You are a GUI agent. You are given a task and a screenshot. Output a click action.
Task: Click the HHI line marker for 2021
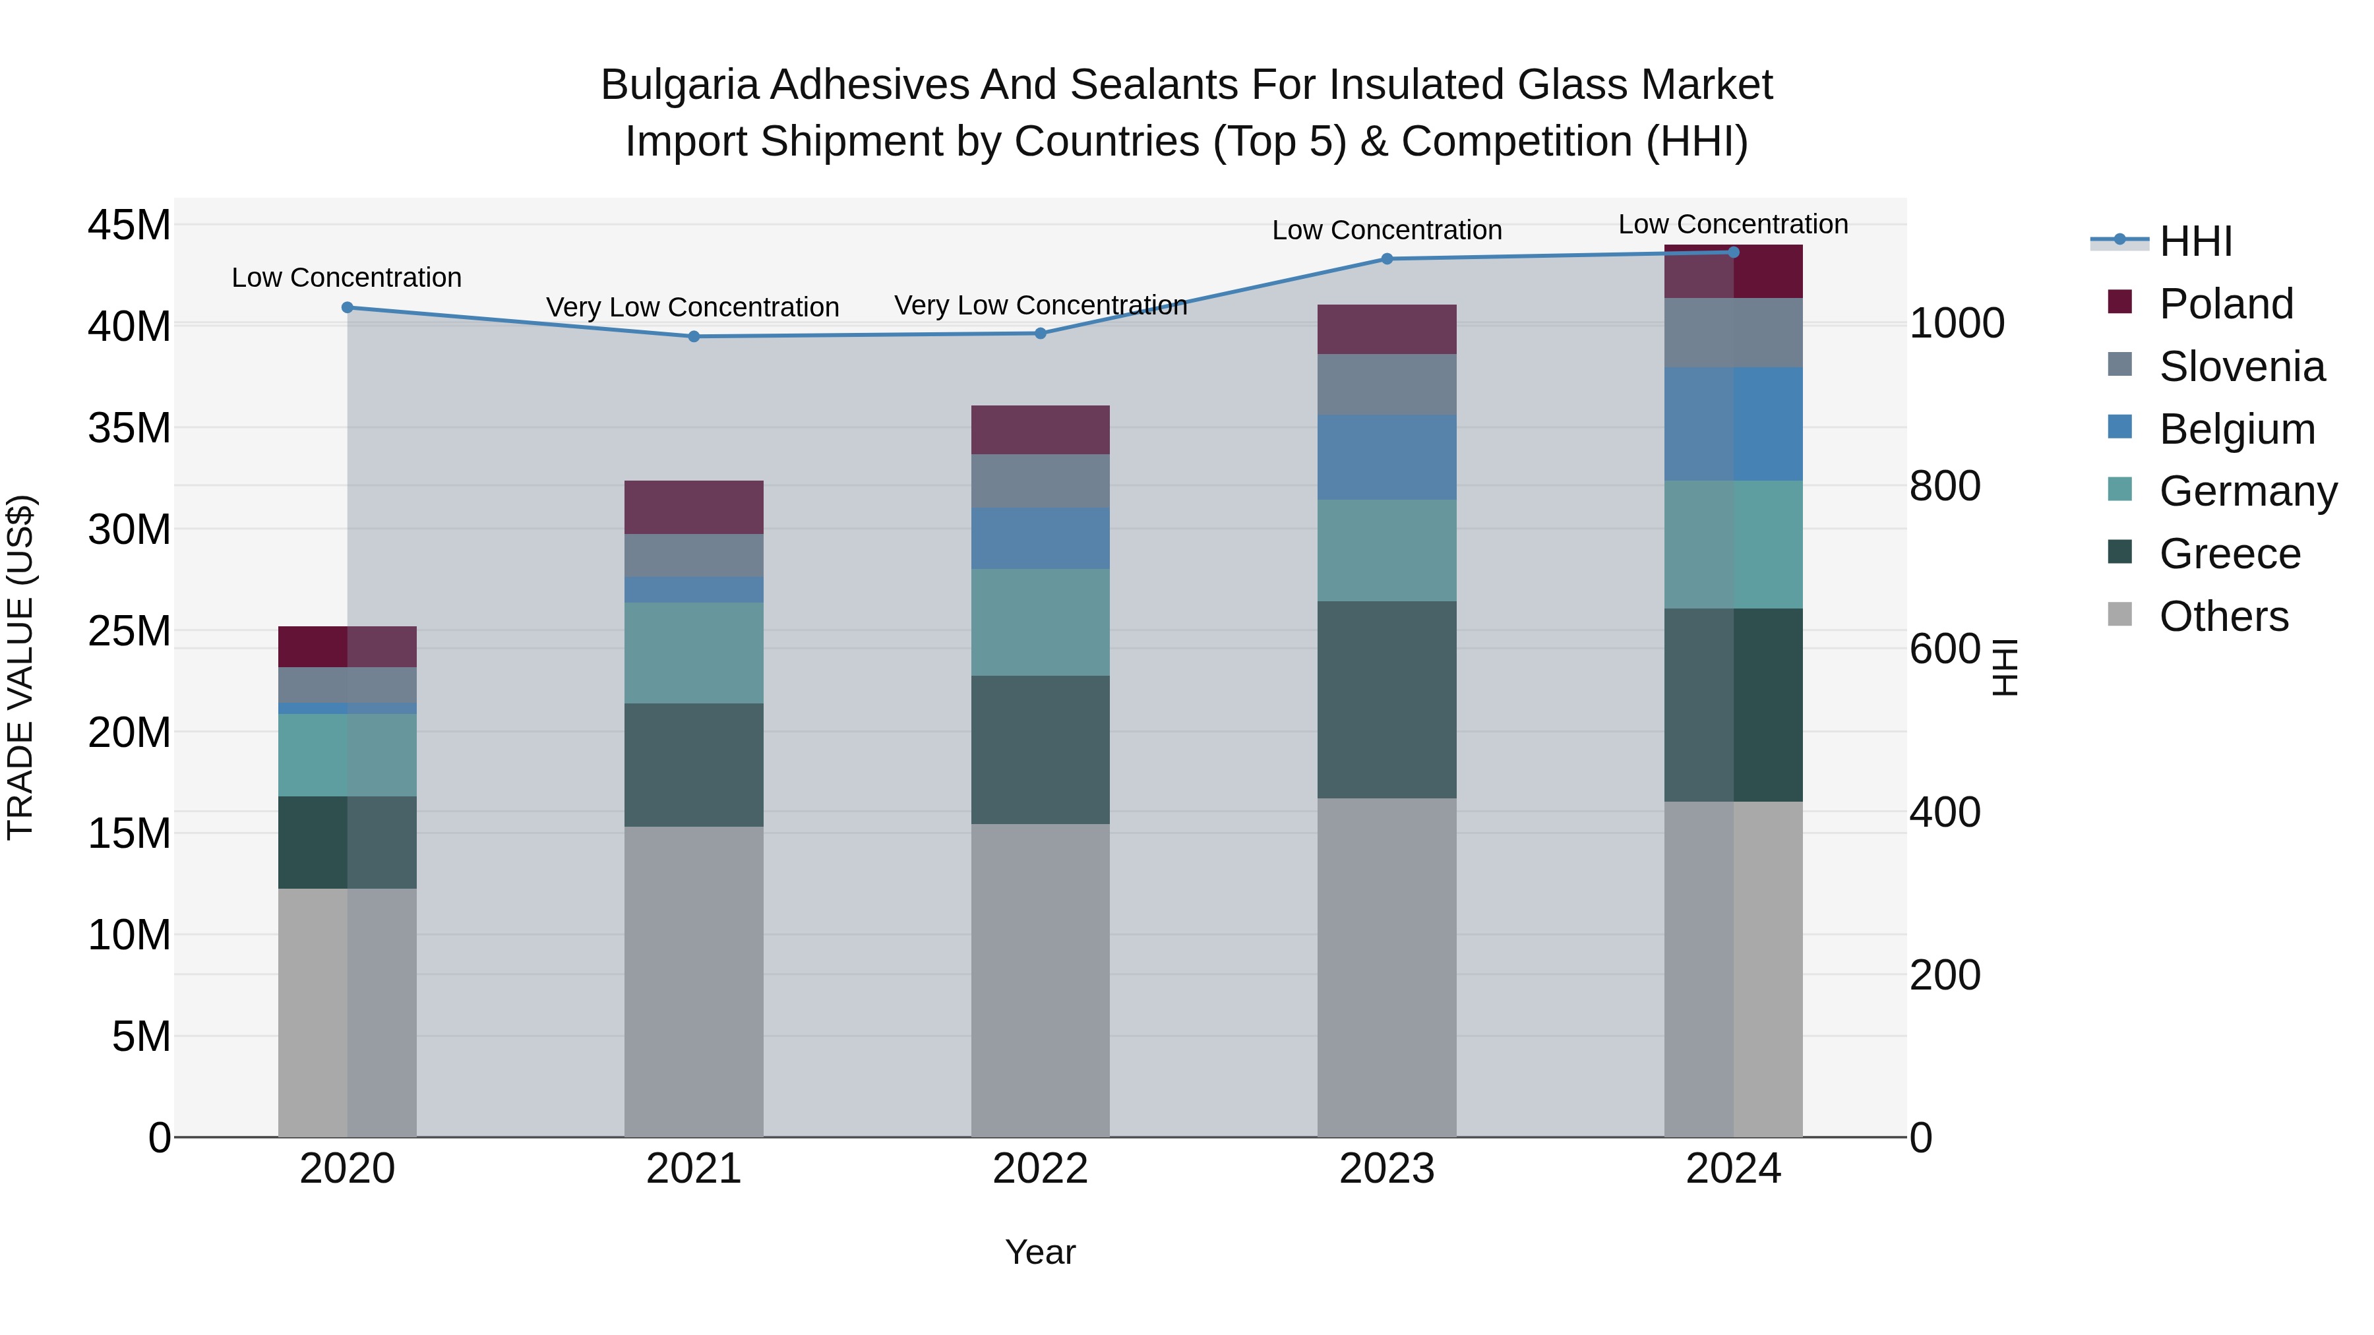(694, 336)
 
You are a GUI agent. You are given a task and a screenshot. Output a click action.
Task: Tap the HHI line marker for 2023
(1387, 259)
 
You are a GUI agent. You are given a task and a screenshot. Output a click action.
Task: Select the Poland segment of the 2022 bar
(1041, 429)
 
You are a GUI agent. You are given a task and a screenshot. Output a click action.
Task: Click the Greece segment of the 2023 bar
(1387, 699)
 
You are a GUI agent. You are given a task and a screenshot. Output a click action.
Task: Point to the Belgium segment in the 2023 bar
(1387, 457)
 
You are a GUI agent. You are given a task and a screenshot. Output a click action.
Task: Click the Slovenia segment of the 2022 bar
(1041, 481)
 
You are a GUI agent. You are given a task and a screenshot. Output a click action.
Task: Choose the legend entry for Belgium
(2237, 429)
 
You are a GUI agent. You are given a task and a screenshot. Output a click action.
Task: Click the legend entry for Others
(2223, 616)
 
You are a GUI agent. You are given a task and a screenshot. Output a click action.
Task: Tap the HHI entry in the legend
(2195, 241)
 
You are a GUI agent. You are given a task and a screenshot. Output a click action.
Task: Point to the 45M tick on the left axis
(129, 225)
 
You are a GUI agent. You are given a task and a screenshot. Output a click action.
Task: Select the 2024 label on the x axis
(1732, 1169)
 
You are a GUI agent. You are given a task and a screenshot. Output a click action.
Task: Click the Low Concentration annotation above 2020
(346, 278)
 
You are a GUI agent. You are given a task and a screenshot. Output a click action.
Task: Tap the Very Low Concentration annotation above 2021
(692, 307)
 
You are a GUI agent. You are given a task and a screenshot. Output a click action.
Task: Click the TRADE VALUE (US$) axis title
(20, 667)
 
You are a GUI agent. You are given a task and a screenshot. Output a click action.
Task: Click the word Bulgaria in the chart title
(679, 85)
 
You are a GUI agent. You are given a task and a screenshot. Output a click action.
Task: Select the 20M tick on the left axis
(129, 732)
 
